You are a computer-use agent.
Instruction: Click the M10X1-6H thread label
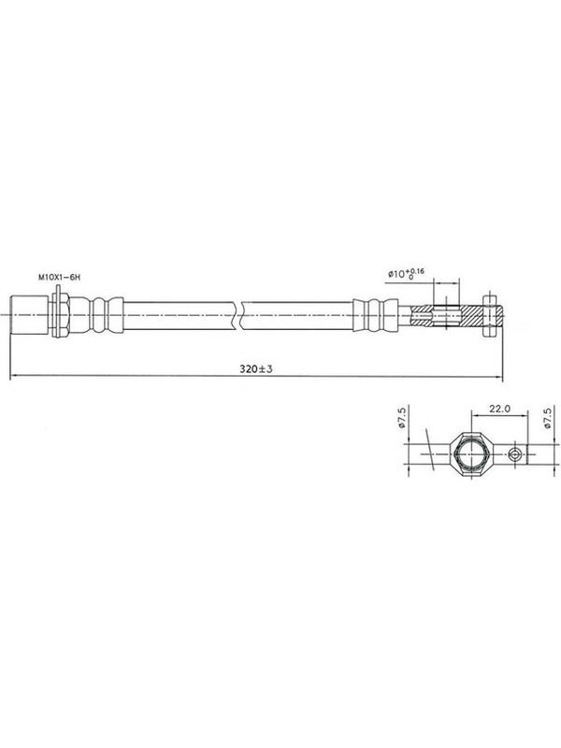[x=59, y=277]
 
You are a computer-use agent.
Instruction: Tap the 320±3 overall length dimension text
[x=256, y=368]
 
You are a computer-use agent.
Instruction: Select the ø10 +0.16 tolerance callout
[x=406, y=274]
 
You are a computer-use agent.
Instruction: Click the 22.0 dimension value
[x=499, y=409]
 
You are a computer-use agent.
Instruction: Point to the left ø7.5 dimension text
[x=402, y=417]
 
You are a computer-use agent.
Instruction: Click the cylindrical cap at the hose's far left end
[x=29, y=315]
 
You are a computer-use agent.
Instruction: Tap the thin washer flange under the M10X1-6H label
[x=57, y=311]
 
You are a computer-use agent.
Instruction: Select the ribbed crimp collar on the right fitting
[x=376, y=315]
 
